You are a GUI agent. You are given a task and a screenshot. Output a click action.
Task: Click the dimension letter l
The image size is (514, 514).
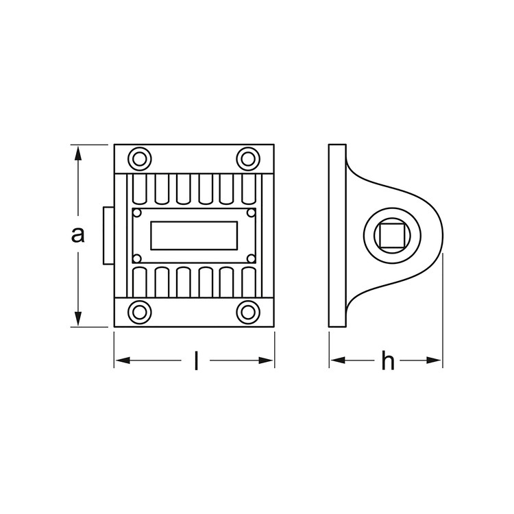pos(196,360)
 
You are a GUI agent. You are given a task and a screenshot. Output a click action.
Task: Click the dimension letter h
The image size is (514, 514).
pos(388,360)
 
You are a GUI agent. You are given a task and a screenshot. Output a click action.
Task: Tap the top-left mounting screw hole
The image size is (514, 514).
pos(139,159)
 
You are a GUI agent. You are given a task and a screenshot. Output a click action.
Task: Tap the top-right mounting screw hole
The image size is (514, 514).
pos(248,159)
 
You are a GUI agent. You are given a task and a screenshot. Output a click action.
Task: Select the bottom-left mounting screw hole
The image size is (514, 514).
pos(139,312)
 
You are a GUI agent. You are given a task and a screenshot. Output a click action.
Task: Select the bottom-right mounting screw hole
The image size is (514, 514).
pos(248,312)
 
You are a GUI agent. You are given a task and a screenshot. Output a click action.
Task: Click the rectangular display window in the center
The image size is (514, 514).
pos(194,235)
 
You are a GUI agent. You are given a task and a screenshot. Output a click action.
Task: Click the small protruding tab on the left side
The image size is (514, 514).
pos(108,235)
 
